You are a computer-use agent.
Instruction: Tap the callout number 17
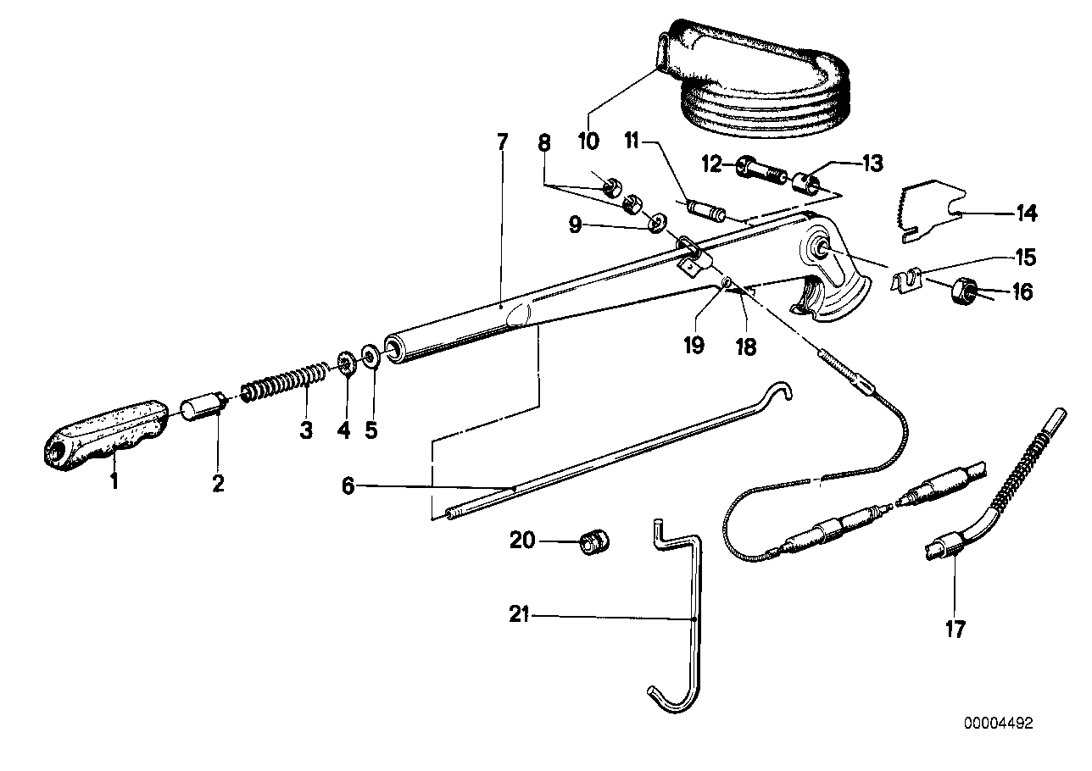pos(955,630)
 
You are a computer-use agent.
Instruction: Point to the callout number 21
pos(520,616)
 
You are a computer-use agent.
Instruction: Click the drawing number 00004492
pos(998,724)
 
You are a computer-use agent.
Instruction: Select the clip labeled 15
pos(909,279)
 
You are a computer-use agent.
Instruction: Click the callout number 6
pos(348,486)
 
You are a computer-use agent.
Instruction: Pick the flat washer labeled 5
pos(370,353)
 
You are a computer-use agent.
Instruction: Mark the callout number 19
pos(694,347)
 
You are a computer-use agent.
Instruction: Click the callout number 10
pos(588,141)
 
